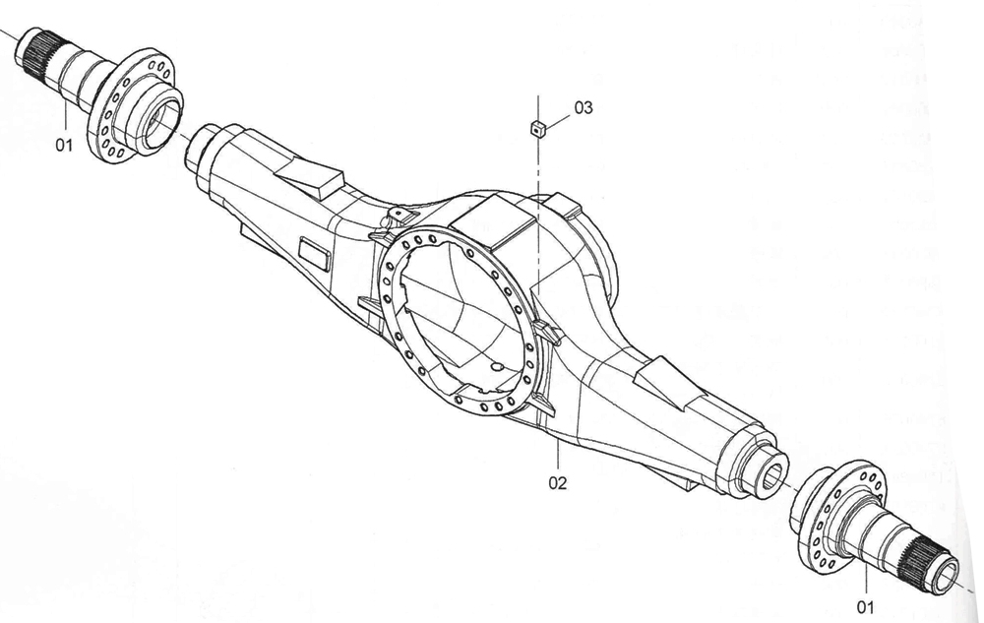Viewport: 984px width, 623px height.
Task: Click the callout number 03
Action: [x=583, y=108]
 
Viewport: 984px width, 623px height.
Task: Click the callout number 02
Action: [x=557, y=482]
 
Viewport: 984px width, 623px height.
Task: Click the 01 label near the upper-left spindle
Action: [x=64, y=146]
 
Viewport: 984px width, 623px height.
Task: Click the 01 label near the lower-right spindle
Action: [x=865, y=606]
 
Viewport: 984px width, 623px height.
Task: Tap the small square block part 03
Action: [x=537, y=129]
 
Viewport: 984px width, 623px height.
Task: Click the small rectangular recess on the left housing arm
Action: [x=314, y=254]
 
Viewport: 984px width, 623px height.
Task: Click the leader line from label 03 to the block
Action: [x=558, y=120]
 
